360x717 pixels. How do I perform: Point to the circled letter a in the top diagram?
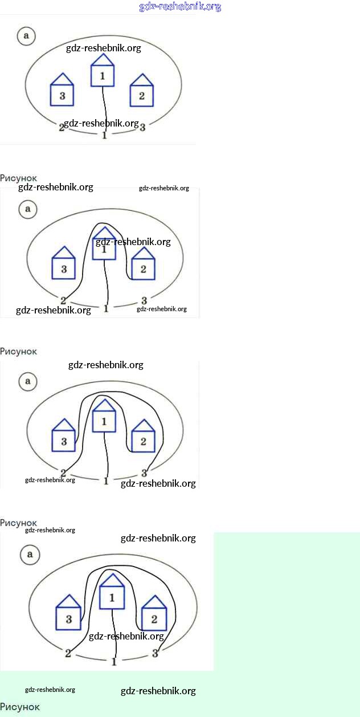click(26, 36)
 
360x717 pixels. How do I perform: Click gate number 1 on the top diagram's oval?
click(104, 136)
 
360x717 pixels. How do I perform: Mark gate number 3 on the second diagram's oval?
click(144, 300)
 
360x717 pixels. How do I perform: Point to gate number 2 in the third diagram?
click(63, 473)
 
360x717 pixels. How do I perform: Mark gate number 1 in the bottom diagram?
click(114, 662)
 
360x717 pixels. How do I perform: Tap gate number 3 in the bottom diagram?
click(155, 653)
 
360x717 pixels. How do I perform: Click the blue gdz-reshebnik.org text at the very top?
click(180, 7)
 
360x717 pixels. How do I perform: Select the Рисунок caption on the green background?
click(20, 707)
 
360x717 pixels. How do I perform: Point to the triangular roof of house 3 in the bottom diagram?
click(69, 601)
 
